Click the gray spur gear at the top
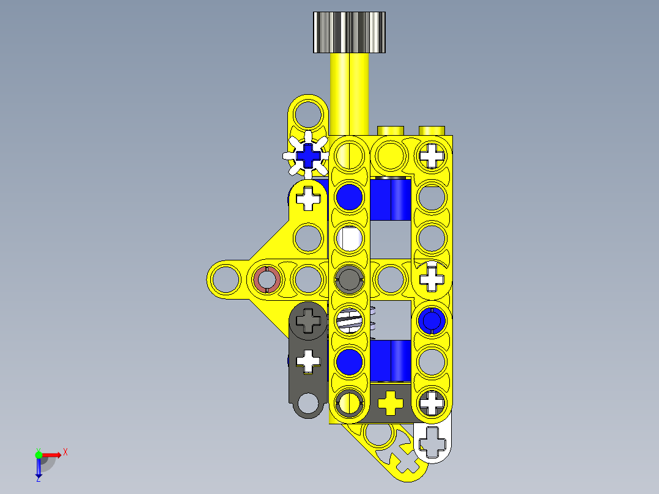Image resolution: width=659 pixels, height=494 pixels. point(350,32)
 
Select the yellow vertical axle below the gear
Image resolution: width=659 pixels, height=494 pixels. point(350,92)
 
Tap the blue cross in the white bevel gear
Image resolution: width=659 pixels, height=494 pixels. point(309,157)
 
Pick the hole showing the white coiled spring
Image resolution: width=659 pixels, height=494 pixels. point(349,320)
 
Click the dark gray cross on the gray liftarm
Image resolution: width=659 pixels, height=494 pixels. point(309,320)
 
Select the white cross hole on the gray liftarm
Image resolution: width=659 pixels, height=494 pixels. point(309,361)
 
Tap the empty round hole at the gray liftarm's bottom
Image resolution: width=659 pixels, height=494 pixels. point(309,402)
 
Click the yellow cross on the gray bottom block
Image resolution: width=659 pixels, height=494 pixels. point(391,402)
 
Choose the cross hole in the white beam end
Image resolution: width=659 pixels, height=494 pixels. point(433,441)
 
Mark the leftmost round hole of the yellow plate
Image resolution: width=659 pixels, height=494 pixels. point(226,279)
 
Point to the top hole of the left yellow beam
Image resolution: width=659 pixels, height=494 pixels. point(309,114)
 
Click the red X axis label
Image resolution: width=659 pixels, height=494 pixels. point(65,452)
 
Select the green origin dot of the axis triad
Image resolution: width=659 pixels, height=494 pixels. point(39,454)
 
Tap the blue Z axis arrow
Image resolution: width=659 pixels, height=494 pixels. point(39,470)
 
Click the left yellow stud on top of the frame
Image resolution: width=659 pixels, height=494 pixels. point(391,130)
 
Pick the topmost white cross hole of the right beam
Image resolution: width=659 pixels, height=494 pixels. point(432,155)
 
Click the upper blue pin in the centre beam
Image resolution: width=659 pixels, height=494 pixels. point(349,197)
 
